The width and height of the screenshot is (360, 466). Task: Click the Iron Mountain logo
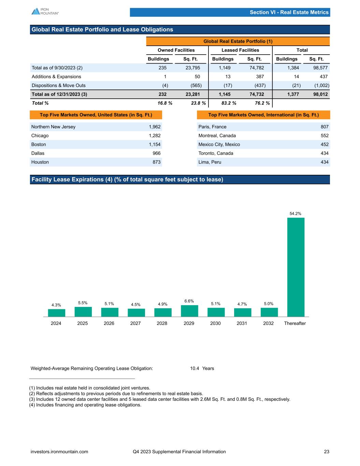(x=45, y=11)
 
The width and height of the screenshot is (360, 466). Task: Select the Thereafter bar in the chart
(x=296, y=267)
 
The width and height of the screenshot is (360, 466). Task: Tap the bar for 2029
(x=189, y=311)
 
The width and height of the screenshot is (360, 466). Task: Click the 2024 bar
(x=56, y=313)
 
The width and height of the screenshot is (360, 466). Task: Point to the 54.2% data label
(x=295, y=213)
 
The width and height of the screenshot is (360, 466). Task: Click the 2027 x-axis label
(x=135, y=323)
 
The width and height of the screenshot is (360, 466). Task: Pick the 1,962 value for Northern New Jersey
(x=155, y=127)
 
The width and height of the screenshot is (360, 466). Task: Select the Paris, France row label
(x=212, y=127)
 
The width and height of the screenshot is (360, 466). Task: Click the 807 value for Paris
(x=325, y=127)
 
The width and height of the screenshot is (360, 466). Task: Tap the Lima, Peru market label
(x=210, y=162)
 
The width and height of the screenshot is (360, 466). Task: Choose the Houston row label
(x=40, y=162)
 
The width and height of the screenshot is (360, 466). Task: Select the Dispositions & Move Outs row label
(x=59, y=85)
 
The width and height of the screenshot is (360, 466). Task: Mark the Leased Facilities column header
(x=240, y=50)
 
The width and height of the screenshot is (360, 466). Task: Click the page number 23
(x=327, y=452)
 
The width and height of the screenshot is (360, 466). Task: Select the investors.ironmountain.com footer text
(x=59, y=452)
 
